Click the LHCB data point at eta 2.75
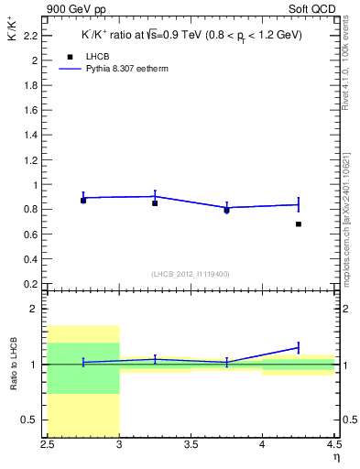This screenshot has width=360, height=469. pos(83,200)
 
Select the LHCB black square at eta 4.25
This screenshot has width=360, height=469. pos(299,224)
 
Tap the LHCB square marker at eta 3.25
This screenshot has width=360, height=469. pos(155,202)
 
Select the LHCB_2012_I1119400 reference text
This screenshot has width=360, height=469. pos(191,273)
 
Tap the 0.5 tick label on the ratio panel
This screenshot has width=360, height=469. pos(33,420)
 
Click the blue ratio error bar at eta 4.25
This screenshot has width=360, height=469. pos(299,347)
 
